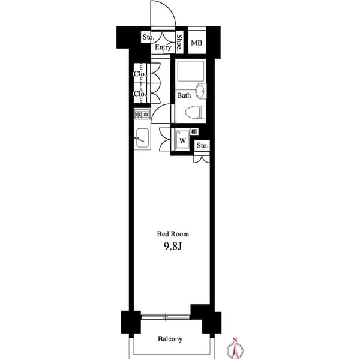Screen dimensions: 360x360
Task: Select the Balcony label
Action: pyautogui.click(x=170, y=339)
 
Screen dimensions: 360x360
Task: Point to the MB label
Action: pyautogui.click(x=196, y=43)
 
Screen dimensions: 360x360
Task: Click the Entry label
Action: pyautogui.click(x=163, y=47)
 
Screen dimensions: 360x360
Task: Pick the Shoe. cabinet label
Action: pyautogui.click(x=179, y=42)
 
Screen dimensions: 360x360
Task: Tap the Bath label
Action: pyautogui.click(x=184, y=95)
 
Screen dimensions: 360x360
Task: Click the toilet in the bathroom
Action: pyautogui.click(x=195, y=112)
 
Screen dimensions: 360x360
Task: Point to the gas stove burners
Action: pyautogui.click(x=142, y=114)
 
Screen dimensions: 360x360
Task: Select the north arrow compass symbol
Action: pyautogui.click(x=236, y=348)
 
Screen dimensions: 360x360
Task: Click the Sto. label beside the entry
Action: pyautogui.click(x=148, y=38)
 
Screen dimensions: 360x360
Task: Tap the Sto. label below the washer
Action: pyautogui.click(x=202, y=146)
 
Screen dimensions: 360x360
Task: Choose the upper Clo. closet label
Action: pyautogui.click(x=139, y=74)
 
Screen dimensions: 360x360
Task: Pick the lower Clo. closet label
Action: pyautogui.click(x=139, y=94)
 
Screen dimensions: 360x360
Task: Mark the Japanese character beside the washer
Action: pyautogui.click(x=194, y=131)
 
